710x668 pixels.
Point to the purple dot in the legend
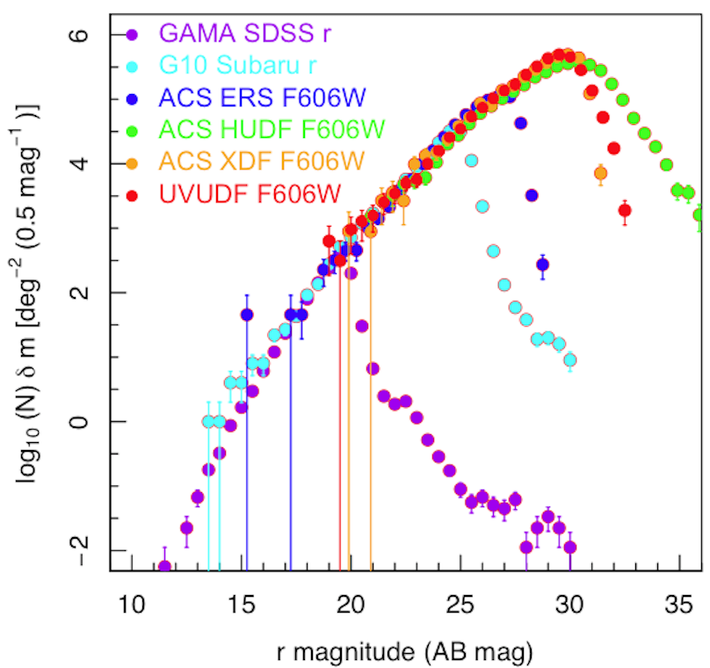pyautogui.click(x=132, y=36)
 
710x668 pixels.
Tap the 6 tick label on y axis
pyautogui.click(x=90, y=34)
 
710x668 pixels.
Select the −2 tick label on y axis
pyautogui.click(x=86, y=550)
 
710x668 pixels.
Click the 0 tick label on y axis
pyautogui.click(x=90, y=422)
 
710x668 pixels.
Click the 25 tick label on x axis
pyautogui.click(x=460, y=606)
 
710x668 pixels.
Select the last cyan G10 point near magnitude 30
pyautogui.click(x=569, y=359)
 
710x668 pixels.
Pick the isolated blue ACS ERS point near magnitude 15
pyautogui.click(x=247, y=315)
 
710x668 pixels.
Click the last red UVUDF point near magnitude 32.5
pyautogui.click(x=625, y=210)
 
